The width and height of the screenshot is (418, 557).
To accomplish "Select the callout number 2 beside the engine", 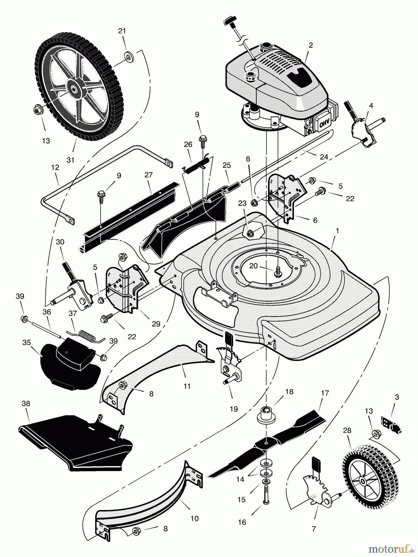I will pos(311,45).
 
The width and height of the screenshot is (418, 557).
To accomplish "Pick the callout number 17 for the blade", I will pos(325,393).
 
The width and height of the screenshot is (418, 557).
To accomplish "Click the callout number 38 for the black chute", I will pos(26,404).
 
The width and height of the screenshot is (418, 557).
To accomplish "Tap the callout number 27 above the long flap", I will pos(148,175).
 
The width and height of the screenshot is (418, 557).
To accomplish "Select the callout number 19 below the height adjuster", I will pos(234,409).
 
